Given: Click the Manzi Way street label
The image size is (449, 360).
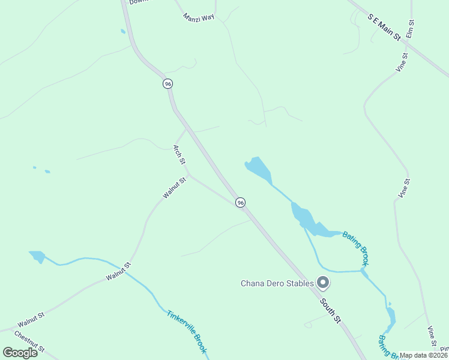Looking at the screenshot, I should point(199,17).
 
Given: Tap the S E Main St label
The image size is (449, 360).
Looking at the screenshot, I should point(384,27).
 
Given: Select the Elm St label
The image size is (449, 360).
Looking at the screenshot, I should point(412,29).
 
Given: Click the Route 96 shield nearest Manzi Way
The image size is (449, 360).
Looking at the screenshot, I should point(167,84).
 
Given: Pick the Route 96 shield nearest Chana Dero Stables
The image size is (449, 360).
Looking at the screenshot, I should point(240,203).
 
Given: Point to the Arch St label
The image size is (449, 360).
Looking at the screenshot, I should point(178,154).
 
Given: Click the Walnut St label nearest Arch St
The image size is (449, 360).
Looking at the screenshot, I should point(175,187).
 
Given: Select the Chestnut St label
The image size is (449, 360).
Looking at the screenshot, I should point(29,341).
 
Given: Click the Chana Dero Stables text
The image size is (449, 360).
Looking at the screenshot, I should point(277,283).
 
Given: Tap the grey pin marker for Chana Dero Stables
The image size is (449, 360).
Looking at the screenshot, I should point(323,282).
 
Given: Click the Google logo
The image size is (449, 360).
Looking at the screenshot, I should point(20,352).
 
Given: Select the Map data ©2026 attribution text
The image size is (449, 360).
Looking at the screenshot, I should point(424,355).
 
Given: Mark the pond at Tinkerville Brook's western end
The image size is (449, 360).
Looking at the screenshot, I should point(37,257).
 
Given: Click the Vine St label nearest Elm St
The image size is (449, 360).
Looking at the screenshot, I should point(402,63).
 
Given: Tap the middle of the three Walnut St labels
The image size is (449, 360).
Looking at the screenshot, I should point(118,272).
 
